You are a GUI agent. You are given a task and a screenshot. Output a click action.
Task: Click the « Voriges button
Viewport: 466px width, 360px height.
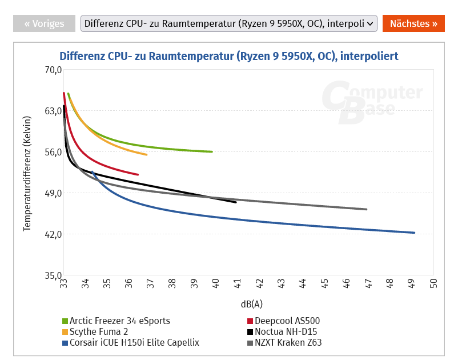(44, 23)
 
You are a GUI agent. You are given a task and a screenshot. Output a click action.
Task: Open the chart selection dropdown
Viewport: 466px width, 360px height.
(229, 23)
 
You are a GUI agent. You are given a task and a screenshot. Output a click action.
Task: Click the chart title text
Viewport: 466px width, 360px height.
(229, 56)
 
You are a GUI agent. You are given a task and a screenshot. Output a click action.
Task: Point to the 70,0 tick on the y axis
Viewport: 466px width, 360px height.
(53, 70)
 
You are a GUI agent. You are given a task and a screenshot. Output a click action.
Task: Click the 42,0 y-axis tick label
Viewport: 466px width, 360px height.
(53, 234)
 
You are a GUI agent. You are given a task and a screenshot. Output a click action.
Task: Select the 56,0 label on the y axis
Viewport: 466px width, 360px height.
(53, 152)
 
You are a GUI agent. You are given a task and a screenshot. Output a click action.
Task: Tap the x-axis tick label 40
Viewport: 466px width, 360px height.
(216, 283)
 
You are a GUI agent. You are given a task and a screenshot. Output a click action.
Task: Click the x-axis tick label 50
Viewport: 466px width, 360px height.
(433, 283)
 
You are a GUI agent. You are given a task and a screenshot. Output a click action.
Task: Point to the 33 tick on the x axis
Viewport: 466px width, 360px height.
(64, 283)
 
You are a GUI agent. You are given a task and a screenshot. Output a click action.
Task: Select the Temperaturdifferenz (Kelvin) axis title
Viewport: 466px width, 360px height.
(27, 172)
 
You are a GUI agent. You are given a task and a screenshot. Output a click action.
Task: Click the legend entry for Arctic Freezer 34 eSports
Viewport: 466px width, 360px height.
(119, 321)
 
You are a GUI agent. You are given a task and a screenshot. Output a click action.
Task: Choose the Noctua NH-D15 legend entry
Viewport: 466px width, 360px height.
(286, 331)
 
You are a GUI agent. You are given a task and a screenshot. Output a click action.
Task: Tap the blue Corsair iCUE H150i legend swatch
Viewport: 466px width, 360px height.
(65, 343)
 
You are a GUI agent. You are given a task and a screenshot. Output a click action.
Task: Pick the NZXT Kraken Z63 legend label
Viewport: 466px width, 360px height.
(288, 343)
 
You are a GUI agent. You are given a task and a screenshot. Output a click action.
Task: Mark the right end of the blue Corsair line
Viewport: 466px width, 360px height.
(414, 233)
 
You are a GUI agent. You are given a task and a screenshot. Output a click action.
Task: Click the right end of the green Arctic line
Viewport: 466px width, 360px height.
(212, 151)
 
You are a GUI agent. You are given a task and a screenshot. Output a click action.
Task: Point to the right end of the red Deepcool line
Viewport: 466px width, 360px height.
(138, 174)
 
